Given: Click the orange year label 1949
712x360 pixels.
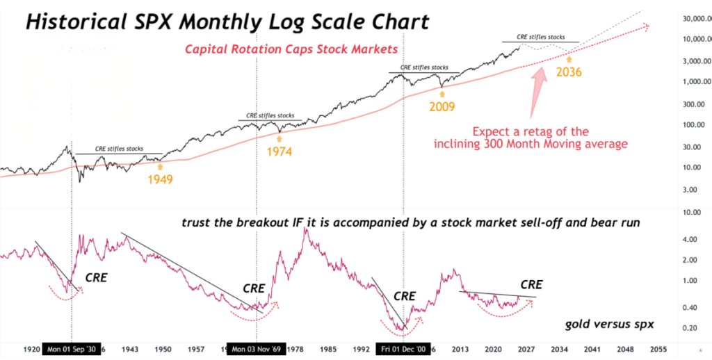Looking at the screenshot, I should (160, 179).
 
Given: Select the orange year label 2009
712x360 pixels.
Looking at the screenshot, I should (442, 107).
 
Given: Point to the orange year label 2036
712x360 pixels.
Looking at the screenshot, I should (568, 71).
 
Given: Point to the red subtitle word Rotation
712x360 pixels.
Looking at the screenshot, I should (264, 49).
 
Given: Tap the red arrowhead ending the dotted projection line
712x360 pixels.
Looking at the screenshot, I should (647, 27).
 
